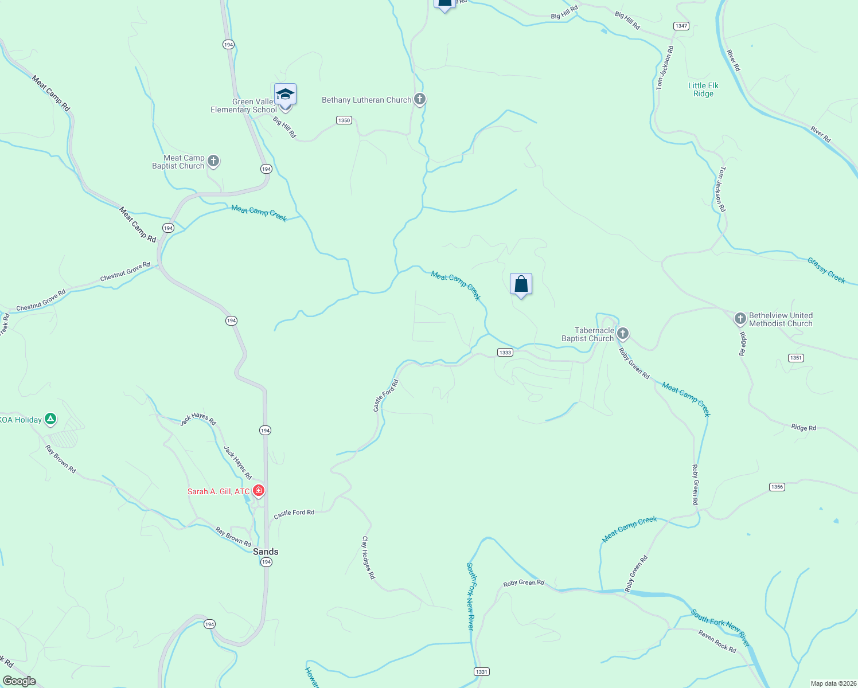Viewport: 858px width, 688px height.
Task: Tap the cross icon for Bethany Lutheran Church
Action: click(420, 99)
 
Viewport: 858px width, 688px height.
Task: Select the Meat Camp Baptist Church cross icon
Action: click(213, 161)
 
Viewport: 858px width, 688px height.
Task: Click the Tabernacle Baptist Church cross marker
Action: click(623, 333)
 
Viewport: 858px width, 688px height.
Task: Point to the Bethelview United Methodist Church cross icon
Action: click(740, 318)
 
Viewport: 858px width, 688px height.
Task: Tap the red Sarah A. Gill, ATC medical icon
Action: click(259, 491)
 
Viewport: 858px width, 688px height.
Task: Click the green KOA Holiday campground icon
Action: click(50, 419)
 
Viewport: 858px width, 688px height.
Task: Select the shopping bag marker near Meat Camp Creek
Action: click(521, 284)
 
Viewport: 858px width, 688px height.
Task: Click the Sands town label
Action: click(266, 552)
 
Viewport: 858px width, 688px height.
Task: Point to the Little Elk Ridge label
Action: click(703, 89)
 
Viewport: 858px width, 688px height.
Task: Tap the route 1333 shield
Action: click(505, 352)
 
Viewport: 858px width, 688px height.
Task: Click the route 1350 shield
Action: click(344, 120)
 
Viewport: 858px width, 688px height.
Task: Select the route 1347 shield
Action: click(681, 26)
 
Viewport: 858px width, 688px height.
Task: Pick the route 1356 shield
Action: click(777, 487)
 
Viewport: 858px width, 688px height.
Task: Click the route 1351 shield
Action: click(795, 358)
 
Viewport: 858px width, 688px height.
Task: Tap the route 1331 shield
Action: click(481, 671)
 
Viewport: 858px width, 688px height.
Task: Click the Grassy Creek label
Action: click(826, 270)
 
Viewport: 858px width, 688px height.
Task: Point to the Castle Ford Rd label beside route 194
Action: click(294, 513)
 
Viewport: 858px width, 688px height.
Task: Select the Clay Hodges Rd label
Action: click(368, 557)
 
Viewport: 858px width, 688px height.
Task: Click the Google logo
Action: click(19, 681)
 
